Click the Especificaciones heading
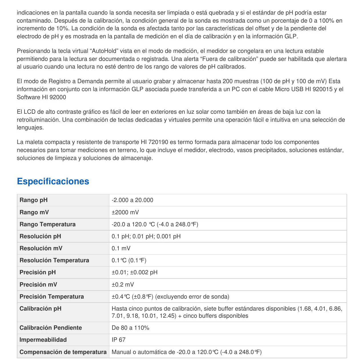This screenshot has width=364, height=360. [53, 181]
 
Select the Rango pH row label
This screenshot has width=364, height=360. [34, 200]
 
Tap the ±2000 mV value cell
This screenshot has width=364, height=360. [125, 212]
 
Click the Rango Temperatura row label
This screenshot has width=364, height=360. [47, 224]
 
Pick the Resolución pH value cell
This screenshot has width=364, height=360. [146, 236]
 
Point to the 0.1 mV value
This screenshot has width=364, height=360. [121, 248]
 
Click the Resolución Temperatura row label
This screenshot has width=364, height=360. [54, 260]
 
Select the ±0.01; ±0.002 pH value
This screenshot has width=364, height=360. [134, 272]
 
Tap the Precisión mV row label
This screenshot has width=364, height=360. [38, 285]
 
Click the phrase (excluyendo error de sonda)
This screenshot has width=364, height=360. [192, 297]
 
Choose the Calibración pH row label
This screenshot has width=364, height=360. [41, 309]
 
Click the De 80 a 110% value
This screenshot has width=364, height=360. [130, 328]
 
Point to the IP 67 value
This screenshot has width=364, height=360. [118, 340]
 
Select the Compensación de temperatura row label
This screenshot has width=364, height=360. [63, 352]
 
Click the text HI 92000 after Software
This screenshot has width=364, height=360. [54, 97]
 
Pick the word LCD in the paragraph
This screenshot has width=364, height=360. [29, 112]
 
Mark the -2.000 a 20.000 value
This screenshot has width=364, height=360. [132, 200]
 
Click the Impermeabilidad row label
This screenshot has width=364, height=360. [43, 340]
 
